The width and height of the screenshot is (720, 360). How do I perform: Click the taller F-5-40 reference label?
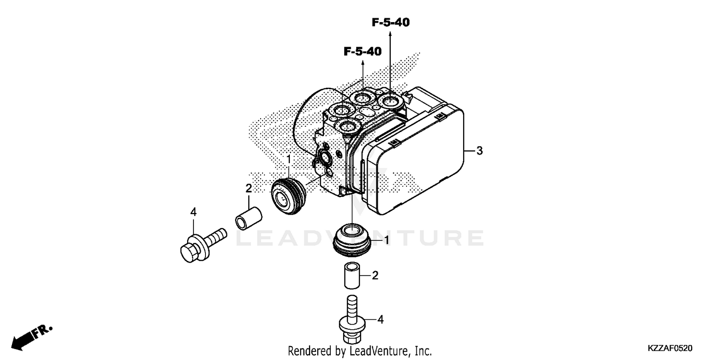[390, 22]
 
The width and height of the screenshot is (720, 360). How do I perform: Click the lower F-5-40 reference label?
[362, 51]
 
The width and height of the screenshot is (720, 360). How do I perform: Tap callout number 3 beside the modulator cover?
[479, 151]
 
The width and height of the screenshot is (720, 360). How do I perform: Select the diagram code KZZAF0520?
[672, 347]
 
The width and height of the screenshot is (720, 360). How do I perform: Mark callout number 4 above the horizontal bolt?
[193, 211]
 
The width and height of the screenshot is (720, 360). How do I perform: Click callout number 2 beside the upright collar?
[375, 276]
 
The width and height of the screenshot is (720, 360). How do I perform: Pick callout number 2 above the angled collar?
[249, 188]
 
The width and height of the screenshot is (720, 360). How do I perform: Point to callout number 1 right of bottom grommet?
[386, 240]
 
